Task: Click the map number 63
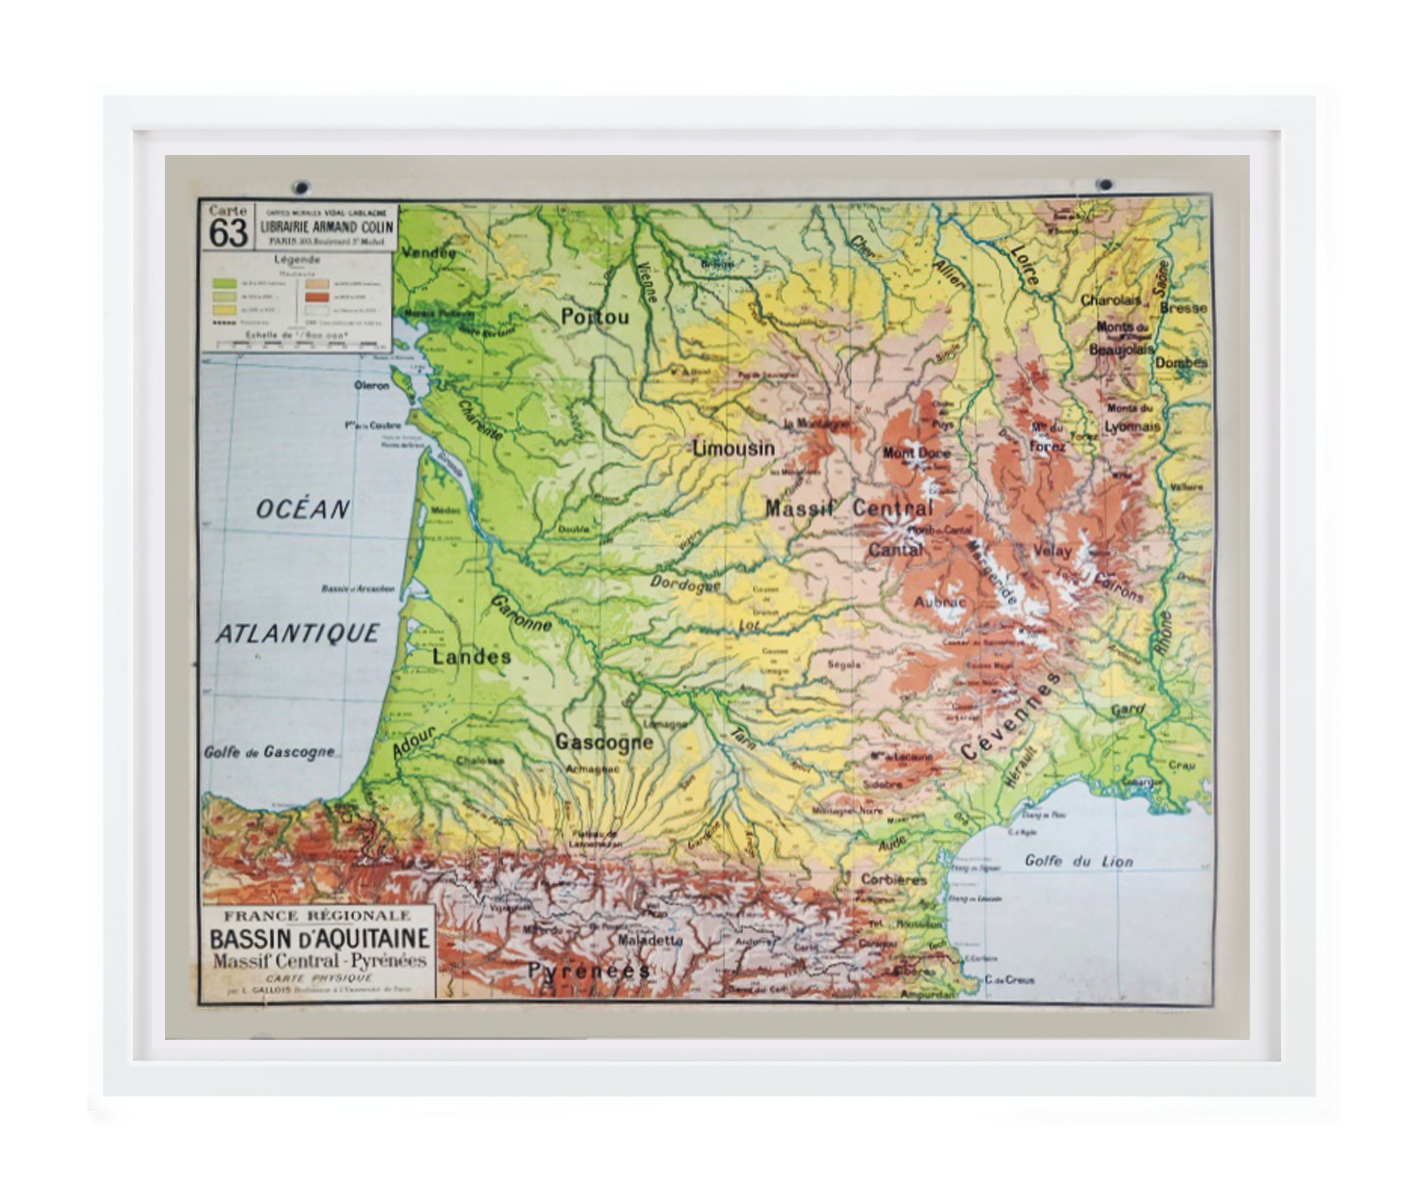(228, 233)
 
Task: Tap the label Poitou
(595, 317)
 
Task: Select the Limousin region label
(733, 448)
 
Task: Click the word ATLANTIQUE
(298, 634)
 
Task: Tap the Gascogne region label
(604, 742)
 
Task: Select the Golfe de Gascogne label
(269, 752)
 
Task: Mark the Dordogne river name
(684, 584)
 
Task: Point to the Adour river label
(413, 743)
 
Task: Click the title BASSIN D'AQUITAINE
(319, 939)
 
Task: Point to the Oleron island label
(372, 385)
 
